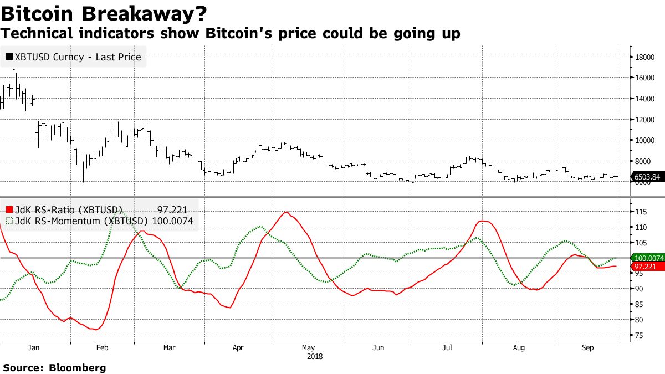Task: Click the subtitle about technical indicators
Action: [x=230, y=34]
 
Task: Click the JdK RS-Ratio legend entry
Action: [x=64, y=209]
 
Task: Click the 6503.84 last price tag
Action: [x=647, y=177]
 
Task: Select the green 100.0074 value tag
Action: [x=647, y=258]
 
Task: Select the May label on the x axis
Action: [x=308, y=348]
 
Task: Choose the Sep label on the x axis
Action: [x=588, y=348]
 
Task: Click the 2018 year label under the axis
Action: [x=314, y=356]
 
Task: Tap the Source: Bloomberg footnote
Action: [x=54, y=367]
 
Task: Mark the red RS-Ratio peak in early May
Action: [x=286, y=212]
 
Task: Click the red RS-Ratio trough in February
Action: [x=96, y=330]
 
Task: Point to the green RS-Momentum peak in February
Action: [x=122, y=213]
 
